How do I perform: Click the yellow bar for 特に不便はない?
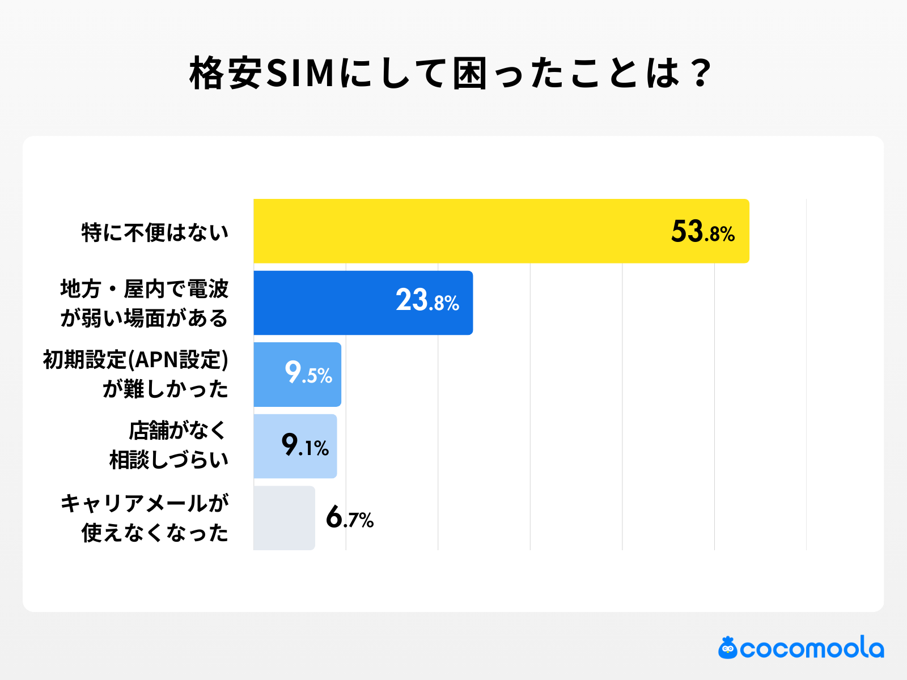tap(453, 231)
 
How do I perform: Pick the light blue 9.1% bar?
tap(266, 446)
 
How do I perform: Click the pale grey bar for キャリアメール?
tap(283, 518)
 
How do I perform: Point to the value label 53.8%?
tap(702, 232)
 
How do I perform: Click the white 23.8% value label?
tap(427, 301)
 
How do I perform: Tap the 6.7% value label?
tap(349, 518)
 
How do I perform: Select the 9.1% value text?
tap(305, 446)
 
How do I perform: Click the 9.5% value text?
tap(308, 373)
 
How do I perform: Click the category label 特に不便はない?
tap(155, 232)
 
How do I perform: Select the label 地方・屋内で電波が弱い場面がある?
tap(144, 304)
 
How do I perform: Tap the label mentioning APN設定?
tap(136, 374)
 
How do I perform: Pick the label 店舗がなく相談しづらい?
tap(169, 445)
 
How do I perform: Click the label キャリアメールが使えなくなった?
tap(144, 518)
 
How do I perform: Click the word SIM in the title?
tap(300, 74)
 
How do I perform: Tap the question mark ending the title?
tap(701, 74)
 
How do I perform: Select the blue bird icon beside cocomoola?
tap(728, 648)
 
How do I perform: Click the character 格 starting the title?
tap(207, 74)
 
